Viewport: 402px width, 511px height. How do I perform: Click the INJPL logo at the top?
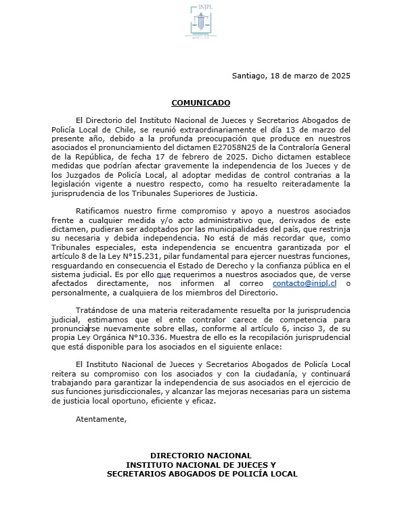(200, 24)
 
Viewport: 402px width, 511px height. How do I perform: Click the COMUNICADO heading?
(201, 103)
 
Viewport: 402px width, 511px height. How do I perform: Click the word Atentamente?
(102, 419)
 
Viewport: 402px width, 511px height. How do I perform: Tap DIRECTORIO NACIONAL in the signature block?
(201, 456)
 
